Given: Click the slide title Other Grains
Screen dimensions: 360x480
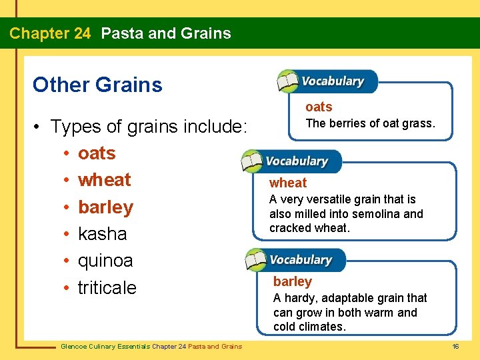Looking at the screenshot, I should [x=97, y=85].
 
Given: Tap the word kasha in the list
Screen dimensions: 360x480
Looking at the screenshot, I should [x=102, y=234].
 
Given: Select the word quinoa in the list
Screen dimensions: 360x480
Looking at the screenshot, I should [x=105, y=261].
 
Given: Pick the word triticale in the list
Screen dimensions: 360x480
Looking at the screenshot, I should [x=107, y=287].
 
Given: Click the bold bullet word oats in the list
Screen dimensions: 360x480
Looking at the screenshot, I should [x=97, y=153].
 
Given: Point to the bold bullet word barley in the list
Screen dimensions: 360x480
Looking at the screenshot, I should [x=105, y=207].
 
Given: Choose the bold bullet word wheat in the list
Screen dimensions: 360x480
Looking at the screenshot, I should [x=104, y=180].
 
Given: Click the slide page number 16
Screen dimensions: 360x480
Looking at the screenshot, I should [x=456, y=346].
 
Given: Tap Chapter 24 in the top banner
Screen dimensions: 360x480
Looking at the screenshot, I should [x=50, y=33].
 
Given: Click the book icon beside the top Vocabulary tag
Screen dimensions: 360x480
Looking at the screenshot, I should [x=288, y=81].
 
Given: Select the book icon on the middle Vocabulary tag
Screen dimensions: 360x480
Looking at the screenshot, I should [x=252, y=161].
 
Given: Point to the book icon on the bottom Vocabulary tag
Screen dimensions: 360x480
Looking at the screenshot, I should [x=257, y=259].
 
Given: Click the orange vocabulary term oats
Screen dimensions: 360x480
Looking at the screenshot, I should [x=319, y=107].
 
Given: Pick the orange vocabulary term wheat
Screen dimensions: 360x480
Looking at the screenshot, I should [x=288, y=183].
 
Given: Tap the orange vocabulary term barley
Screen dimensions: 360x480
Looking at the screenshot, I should [x=293, y=281].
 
